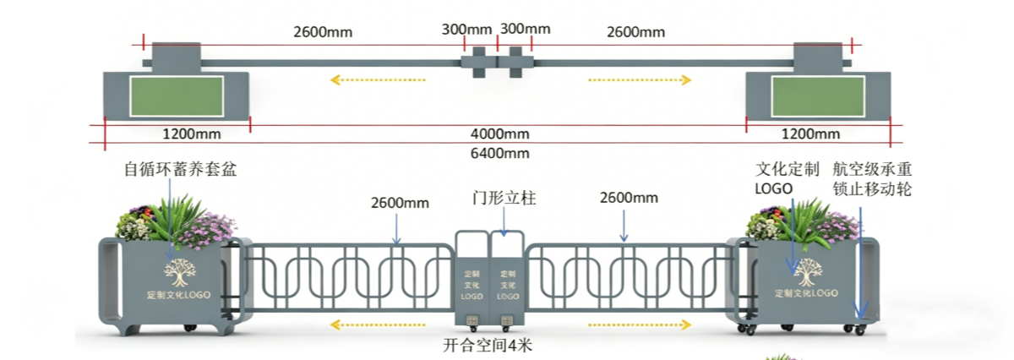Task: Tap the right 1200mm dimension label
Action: coord(810,134)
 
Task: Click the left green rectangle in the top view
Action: coord(175,95)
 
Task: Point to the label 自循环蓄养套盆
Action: coord(181,170)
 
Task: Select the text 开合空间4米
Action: coord(488,345)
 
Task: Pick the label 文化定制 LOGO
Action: coord(786,178)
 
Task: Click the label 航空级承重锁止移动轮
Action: coord(872,178)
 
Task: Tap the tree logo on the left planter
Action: coord(179,273)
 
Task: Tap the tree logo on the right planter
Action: coord(804,271)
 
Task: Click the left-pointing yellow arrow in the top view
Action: coord(377,80)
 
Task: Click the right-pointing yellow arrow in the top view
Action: coord(640,80)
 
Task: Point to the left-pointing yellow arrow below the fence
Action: coord(377,324)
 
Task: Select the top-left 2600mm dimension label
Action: coord(323,33)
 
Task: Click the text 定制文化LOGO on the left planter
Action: coord(178,295)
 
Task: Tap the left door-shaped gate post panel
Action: coord(472,279)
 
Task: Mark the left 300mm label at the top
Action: coord(466,29)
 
